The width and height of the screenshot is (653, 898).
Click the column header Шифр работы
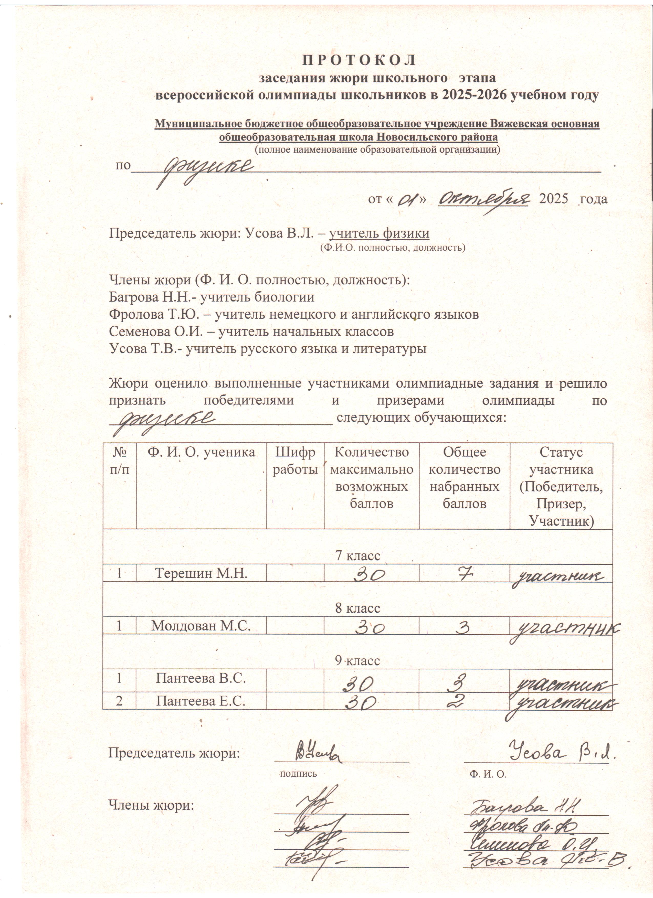(296, 461)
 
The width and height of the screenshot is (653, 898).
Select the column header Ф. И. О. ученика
(201, 452)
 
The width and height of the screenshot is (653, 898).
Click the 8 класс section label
(357, 608)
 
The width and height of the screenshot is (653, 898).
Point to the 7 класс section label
(357, 555)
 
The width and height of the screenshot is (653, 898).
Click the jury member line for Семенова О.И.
(251, 332)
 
